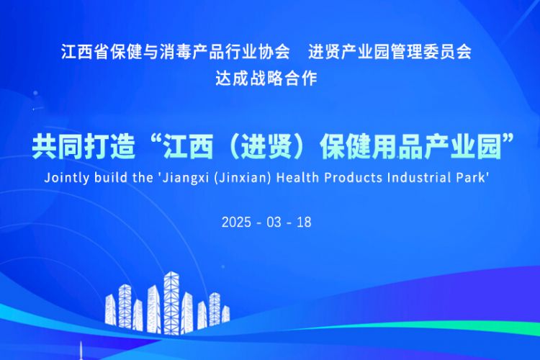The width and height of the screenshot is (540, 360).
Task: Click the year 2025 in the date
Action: coord(236,222)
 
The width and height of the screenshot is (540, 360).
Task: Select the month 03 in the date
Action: coord(274,222)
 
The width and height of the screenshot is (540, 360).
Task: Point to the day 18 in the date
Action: coord(304,222)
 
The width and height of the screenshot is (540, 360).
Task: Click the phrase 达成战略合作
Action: coord(266,78)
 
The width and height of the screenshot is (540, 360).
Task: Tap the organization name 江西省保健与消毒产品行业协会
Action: coord(175,52)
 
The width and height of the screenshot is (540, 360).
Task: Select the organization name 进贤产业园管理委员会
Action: coord(390,52)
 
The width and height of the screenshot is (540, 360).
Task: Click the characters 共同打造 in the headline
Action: coord(83,148)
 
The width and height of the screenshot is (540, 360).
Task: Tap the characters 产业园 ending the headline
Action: coord(462,148)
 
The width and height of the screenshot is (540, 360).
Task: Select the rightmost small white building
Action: coord(225,315)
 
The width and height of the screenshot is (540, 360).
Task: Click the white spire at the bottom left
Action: coord(81,351)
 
